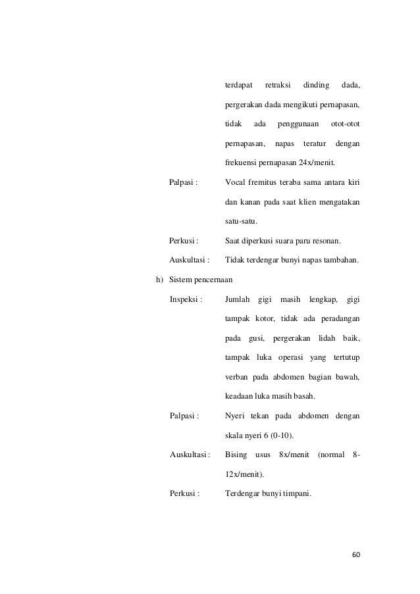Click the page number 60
(356, 554)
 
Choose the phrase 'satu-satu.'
(241, 221)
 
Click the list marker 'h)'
(159, 280)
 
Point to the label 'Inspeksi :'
(186, 300)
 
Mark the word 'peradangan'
(340, 320)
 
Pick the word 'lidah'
(327, 339)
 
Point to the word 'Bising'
(236, 455)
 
